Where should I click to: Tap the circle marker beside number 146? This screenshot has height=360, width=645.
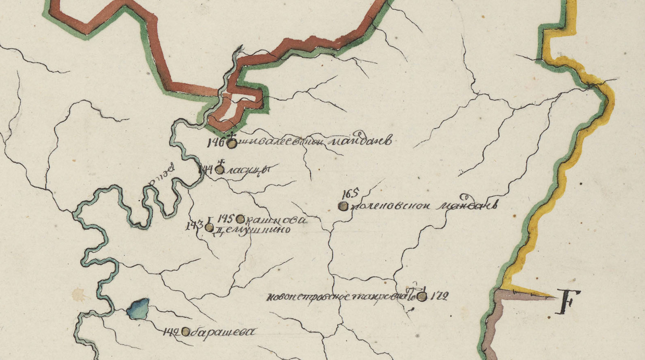231,144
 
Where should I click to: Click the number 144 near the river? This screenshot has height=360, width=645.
206,169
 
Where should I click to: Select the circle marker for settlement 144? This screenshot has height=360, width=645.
219,170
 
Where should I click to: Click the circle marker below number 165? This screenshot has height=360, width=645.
343,206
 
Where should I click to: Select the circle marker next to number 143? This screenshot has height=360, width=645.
209,227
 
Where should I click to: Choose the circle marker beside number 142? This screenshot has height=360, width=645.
186,332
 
